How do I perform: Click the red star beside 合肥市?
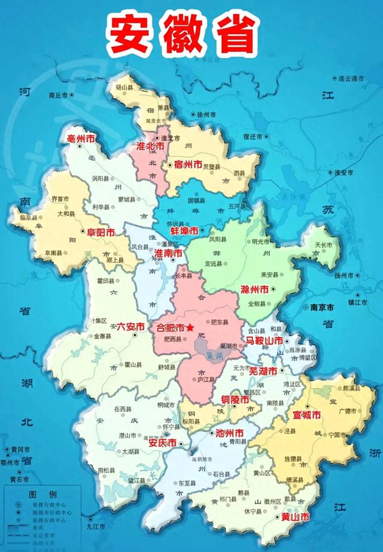coord(190,328)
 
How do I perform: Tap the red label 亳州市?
coord(82,139)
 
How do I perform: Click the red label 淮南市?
coord(168,254)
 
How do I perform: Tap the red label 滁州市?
coord(256,289)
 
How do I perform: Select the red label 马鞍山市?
coord(264,341)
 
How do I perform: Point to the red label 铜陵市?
coord(231,399)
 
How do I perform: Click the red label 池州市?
coord(229,432)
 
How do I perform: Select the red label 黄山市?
coord(296,516)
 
